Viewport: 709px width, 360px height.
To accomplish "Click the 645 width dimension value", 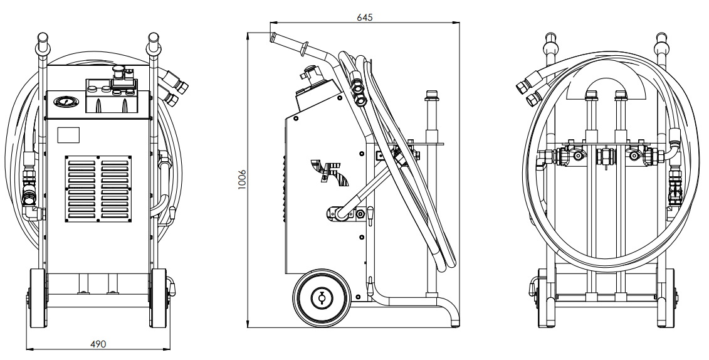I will click(365, 18).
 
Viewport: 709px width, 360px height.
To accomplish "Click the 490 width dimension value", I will click(98, 344).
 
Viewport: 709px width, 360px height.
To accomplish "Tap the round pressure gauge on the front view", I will click(65, 102).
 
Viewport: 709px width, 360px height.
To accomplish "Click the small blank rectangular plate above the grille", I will click(69, 135).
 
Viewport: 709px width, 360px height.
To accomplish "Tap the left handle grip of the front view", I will click(42, 44).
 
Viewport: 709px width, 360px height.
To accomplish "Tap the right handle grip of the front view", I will click(152, 44).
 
